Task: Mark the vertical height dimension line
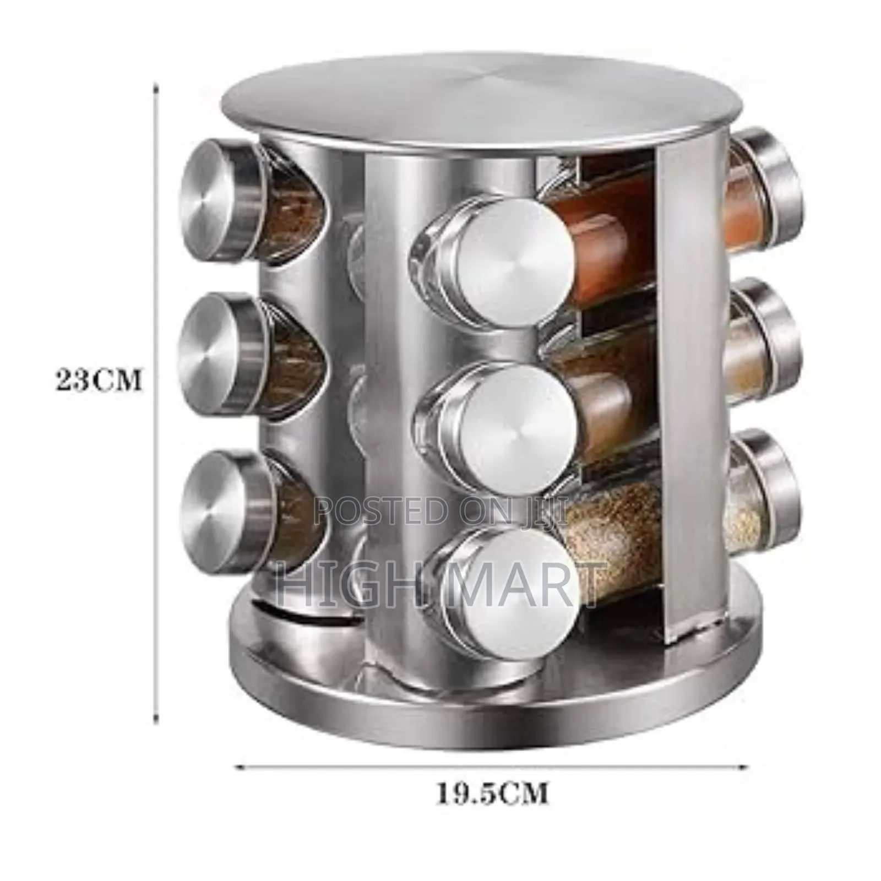click(156, 380)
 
